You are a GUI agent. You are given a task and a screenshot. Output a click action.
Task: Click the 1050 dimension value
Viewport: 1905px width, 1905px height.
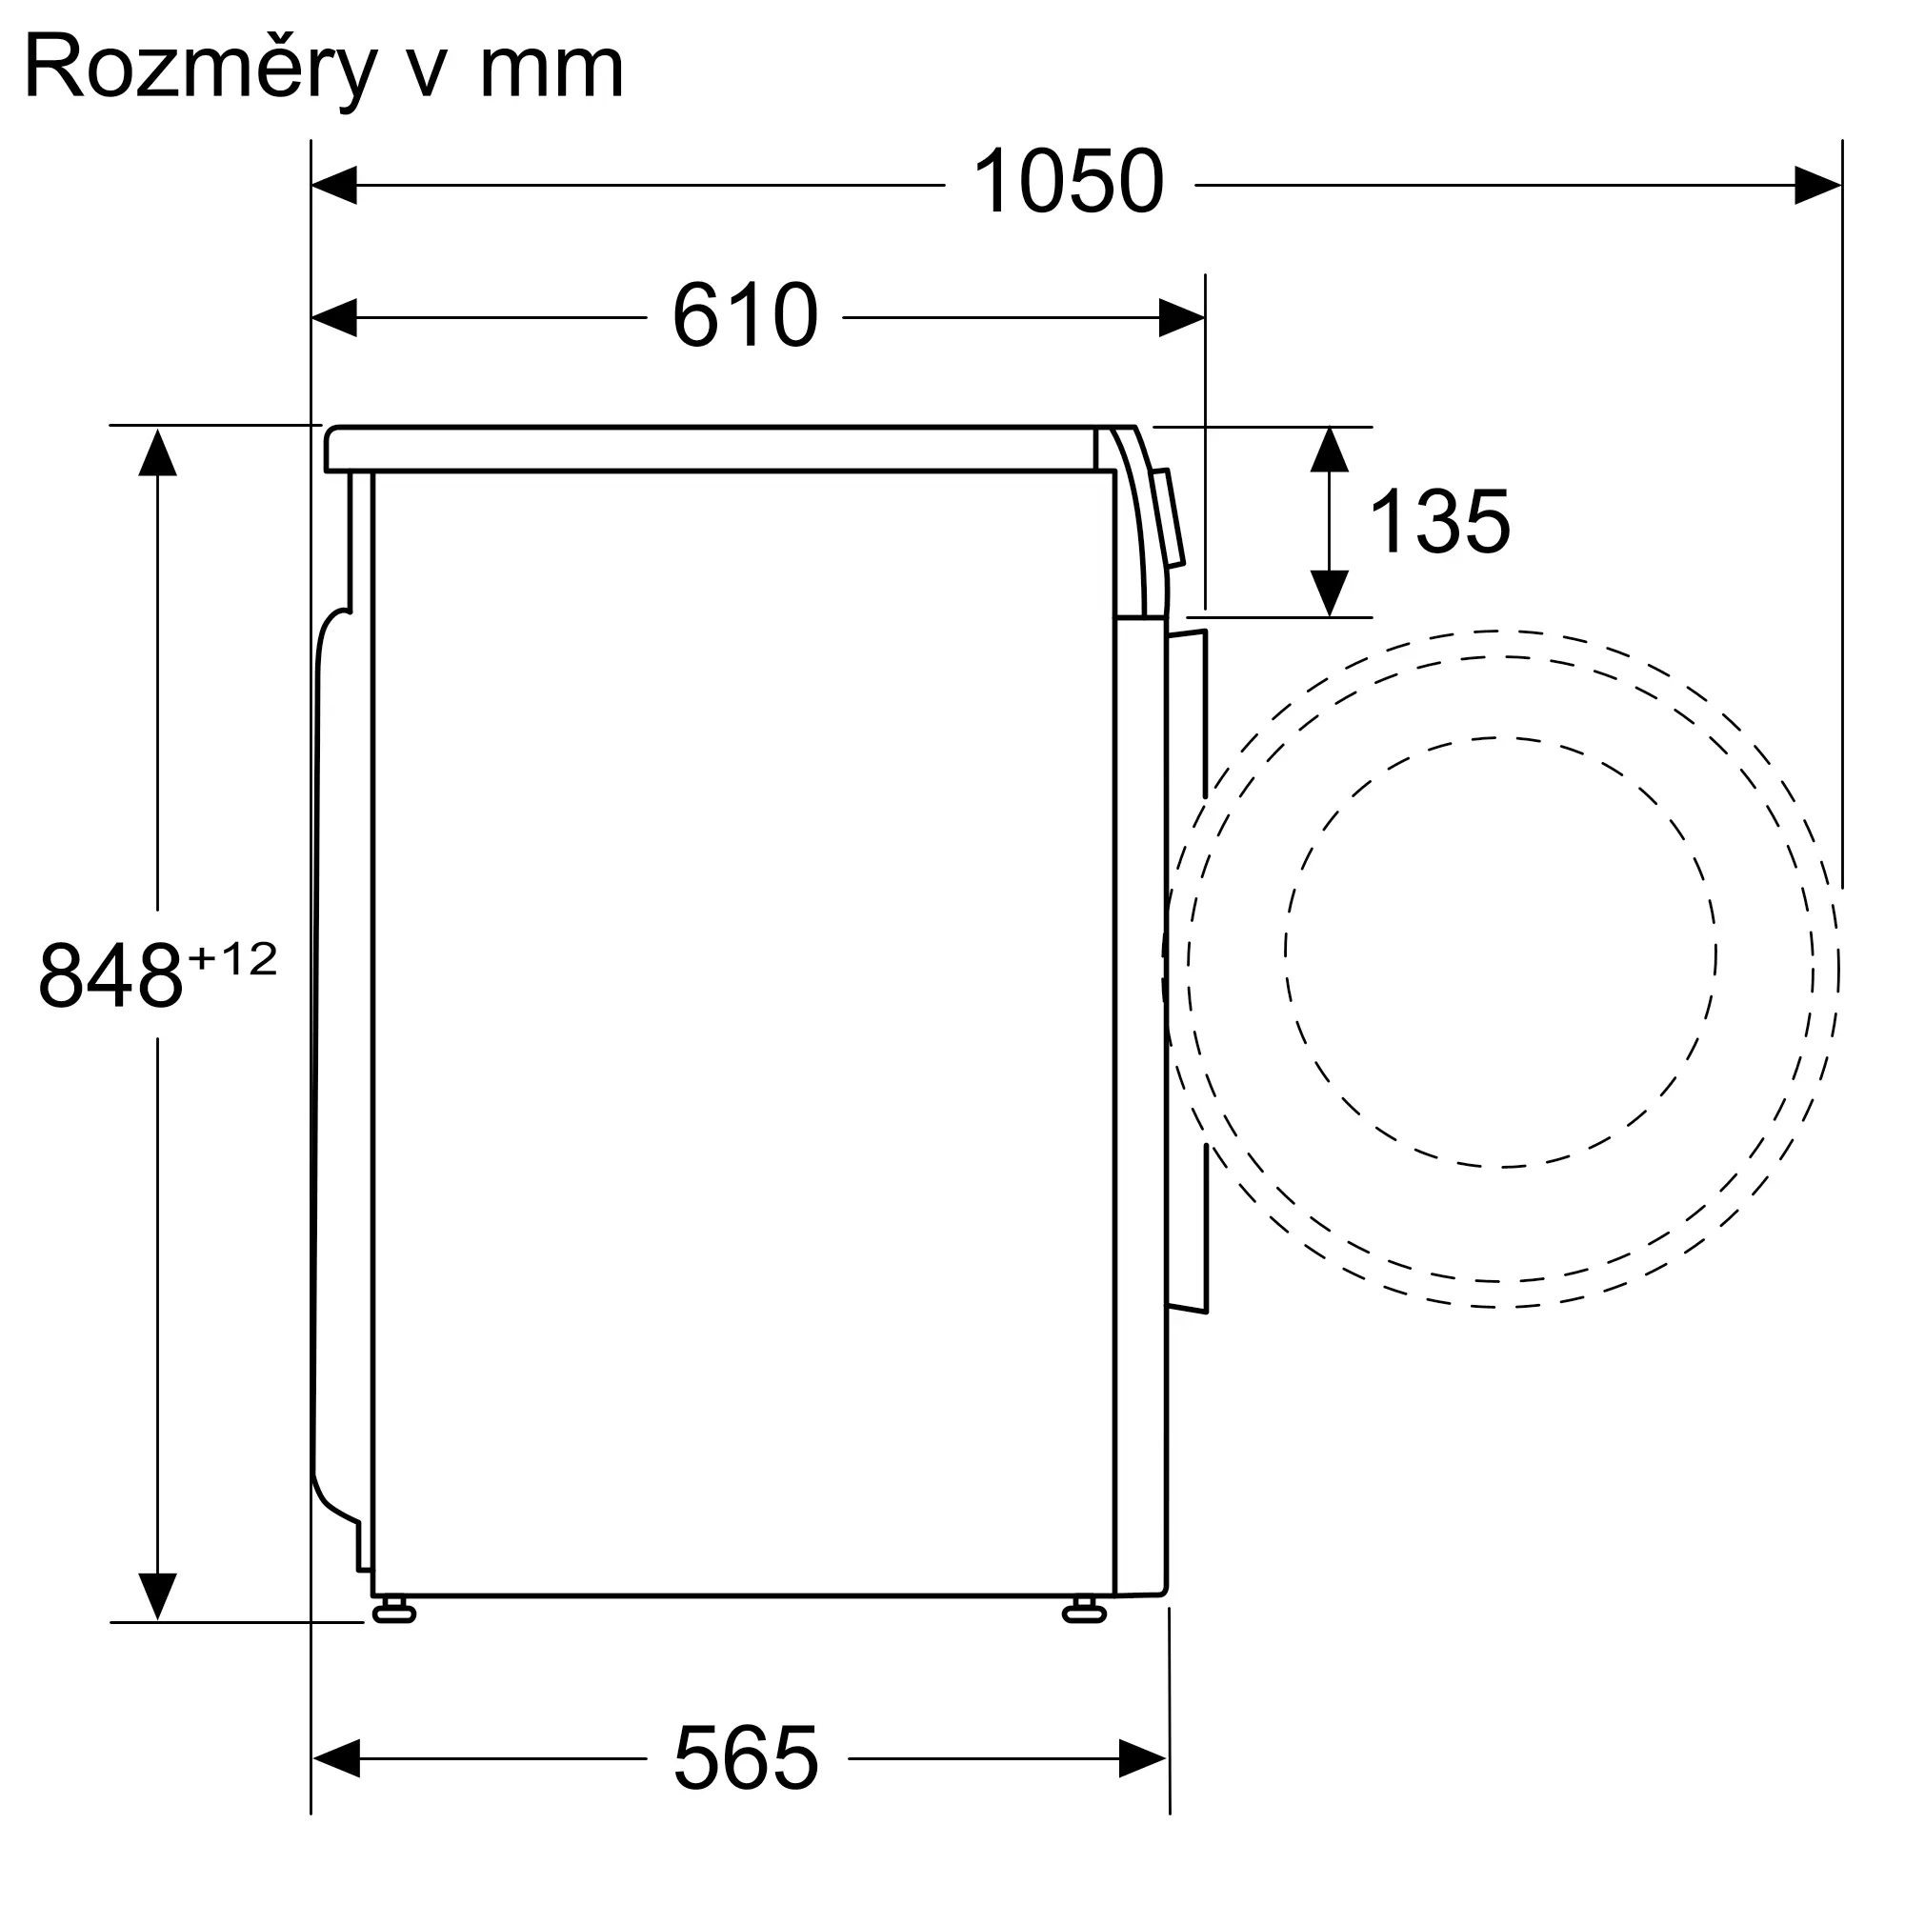point(1069,180)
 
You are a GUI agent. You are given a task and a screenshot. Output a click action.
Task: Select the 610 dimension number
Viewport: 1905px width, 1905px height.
point(746,314)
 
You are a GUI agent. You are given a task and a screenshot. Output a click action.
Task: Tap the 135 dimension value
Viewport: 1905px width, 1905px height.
point(1439,522)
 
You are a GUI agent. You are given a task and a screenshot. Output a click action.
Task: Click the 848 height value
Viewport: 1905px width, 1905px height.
point(110,974)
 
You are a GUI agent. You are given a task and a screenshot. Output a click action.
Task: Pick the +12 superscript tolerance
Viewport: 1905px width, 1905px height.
point(232,959)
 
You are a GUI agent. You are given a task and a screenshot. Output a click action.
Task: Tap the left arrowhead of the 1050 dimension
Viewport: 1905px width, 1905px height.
point(334,186)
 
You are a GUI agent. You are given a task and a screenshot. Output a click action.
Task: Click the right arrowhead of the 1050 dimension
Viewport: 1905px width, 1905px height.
point(1817,186)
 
